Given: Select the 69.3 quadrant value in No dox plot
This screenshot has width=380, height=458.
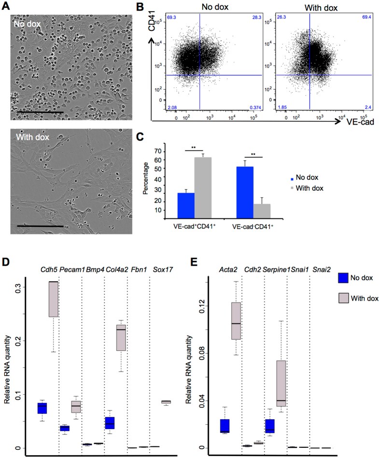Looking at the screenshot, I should pyautogui.click(x=171, y=17).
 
